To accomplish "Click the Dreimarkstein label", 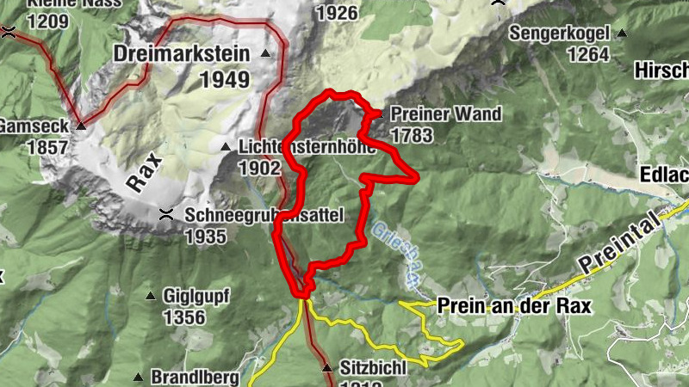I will (181, 54).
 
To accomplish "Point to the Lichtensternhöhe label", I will (306, 148).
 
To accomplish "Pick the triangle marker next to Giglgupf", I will (152, 297).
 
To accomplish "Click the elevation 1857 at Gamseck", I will (47, 147).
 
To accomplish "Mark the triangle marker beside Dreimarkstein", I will (265, 54).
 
